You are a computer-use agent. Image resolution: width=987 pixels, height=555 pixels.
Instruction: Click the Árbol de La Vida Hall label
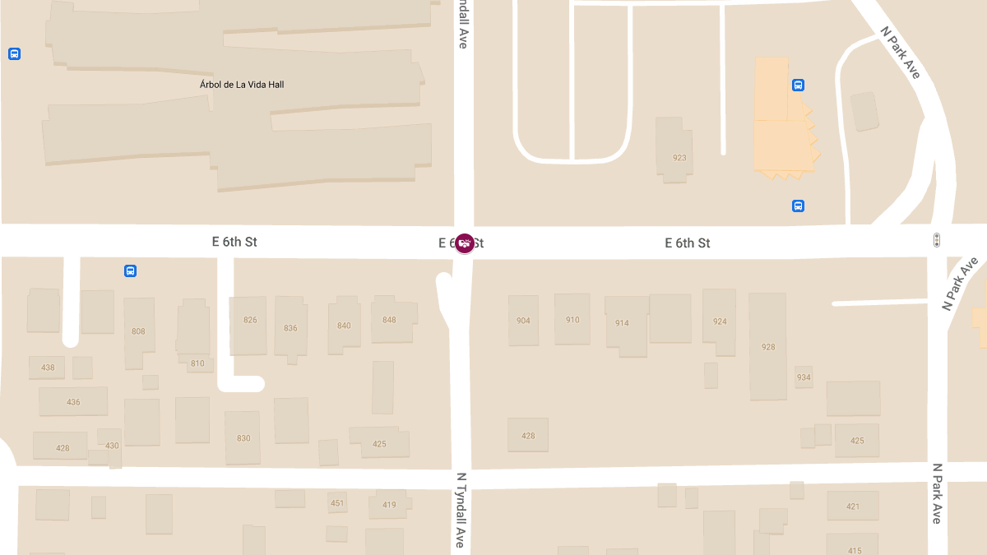pyautogui.click(x=242, y=85)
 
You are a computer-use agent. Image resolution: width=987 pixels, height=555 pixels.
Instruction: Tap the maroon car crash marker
pyautogui.click(x=465, y=243)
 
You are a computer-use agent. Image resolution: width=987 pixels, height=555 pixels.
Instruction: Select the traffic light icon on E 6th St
pyautogui.click(x=936, y=240)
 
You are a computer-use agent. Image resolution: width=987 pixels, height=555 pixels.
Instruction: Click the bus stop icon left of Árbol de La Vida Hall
pyautogui.click(x=14, y=53)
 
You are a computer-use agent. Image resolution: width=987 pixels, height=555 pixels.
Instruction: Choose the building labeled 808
pyautogui.click(x=138, y=331)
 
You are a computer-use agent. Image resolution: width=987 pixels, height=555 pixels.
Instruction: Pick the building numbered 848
pyautogui.click(x=389, y=320)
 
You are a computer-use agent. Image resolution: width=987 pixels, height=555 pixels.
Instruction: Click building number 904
pyautogui.click(x=523, y=321)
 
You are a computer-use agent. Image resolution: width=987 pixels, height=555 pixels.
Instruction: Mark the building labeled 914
pyautogui.click(x=622, y=323)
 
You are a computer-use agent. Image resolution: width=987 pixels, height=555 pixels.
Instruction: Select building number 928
pyautogui.click(x=768, y=347)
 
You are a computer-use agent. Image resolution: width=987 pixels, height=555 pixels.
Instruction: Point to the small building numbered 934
pyautogui.click(x=804, y=377)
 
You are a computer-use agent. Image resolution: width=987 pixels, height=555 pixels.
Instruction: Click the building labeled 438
pyautogui.click(x=48, y=368)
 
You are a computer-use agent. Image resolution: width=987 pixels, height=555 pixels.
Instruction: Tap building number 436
pyautogui.click(x=73, y=402)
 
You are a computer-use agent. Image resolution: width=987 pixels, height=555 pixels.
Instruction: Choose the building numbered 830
pyautogui.click(x=243, y=438)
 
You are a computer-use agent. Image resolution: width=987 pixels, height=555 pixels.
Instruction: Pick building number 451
pyautogui.click(x=337, y=503)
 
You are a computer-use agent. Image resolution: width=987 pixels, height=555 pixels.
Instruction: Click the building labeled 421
pyautogui.click(x=853, y=506)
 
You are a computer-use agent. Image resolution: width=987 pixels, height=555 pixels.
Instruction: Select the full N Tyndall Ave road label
pyautogui.click(x=461, y=510)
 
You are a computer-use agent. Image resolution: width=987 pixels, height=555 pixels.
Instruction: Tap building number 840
pyautogui.click(x=344, y=326)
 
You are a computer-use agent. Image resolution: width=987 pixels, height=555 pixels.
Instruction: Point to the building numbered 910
pyautogui.click(x=572, y=320)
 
